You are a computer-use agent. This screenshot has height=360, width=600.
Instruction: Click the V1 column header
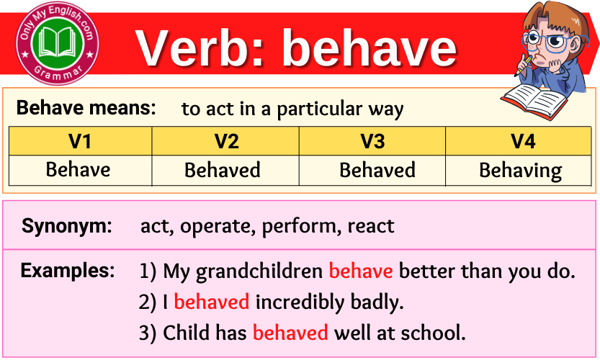click(x=80, y=141)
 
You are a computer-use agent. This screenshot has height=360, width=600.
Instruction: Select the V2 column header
click(x=225, y=141)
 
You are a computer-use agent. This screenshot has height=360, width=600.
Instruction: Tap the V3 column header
click(x=372, y=141)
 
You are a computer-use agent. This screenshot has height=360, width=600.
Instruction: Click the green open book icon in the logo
click(x=58, y=42)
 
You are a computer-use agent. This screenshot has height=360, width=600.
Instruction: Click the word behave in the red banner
click(x=370, y=48)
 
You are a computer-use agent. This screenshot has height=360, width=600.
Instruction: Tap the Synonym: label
click(x=66, y=225)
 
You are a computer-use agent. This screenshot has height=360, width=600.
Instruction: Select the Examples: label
click(x=68, y=271)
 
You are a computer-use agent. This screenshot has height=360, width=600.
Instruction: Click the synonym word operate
click(x=218, y=227)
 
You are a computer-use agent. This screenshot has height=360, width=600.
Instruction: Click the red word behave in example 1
click(x=361, y=271)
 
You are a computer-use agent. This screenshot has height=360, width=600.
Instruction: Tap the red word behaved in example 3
click(x=290, y=332)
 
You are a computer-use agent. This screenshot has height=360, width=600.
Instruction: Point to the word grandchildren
click(x=259, y=271)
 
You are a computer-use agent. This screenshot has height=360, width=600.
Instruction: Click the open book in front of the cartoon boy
click(x=534, y=102)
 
